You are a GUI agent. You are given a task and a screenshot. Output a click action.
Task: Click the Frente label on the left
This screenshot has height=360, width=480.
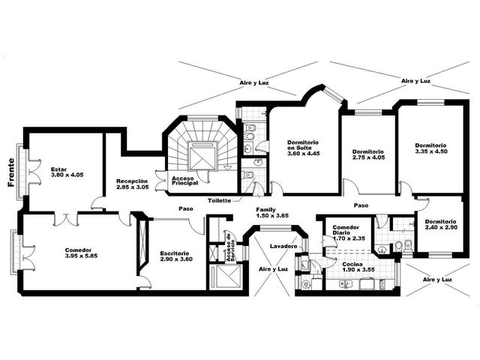pyautogui.click(x=11, y=172)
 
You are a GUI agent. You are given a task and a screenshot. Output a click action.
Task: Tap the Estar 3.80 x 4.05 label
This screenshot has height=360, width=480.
pyautogui.click(x=67, y=172)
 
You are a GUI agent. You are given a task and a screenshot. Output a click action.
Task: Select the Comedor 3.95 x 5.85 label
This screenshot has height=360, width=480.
pyautogui.click(x=82, y=253)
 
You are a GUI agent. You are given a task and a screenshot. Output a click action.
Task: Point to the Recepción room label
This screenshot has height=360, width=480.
pyautogui.click(x=133, y=184)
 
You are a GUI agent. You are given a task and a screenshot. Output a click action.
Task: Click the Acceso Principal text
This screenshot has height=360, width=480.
pyautogui.click(x=184, y=181)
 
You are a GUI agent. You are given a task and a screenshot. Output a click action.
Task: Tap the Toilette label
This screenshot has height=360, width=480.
pyautogui.click(x=219, y=201)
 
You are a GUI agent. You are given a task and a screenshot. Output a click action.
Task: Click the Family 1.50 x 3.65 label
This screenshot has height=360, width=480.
pyautogui.click(x=272, y=212)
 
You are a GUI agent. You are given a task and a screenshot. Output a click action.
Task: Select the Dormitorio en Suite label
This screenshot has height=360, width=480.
pyautogui.click(x=303, y=148)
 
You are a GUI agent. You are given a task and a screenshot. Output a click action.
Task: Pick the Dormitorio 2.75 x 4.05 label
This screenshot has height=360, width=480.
pyautogui.click(x=368, y=154)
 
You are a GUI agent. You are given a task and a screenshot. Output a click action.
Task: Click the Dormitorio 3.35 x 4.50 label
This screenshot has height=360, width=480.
pyautogui.click(x=431, y=148)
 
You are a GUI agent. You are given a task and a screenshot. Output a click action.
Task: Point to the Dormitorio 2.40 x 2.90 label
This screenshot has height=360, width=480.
pyautogui.click(x=441, y=224)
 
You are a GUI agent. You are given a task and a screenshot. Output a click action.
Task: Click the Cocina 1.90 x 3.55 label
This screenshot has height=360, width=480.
pyautogui.click(x=358, y=267)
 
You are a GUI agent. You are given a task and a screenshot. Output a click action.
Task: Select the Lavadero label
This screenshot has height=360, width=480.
pyautogui.click(x=283, y=246)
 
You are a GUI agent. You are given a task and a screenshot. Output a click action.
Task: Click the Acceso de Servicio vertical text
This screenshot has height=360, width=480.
pyautogui.click(x=230, y=247)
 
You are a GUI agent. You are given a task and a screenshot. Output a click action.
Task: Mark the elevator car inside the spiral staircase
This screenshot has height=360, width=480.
pyautogui.click(x=203, y=156)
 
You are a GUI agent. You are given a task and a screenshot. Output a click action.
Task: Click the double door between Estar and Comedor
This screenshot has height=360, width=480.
pyautogui.click(x=66, y=219)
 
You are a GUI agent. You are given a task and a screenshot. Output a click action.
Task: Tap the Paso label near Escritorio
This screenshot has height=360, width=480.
pyautogui.click(x=186, y=208)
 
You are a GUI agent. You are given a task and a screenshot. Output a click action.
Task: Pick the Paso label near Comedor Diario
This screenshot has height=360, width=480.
pyautogui.click(x=361, y=205)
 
